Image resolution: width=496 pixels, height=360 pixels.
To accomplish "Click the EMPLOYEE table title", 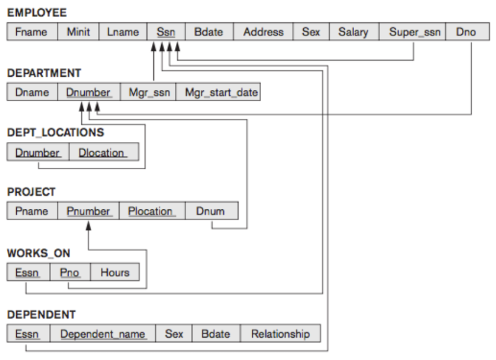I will tap(37, 12).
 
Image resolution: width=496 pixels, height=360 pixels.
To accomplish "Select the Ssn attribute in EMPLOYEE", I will tap(166, 32).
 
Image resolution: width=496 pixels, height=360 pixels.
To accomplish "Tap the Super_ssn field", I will tap(414, 32).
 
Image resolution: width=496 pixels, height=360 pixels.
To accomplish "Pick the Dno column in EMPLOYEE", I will tap(465, 32).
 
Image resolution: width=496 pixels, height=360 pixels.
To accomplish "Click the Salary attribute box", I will tap(353, 32).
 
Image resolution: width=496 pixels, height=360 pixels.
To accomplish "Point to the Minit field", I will tap(78, 32).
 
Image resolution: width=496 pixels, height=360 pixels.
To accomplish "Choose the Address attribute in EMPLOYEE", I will tap(263, 32).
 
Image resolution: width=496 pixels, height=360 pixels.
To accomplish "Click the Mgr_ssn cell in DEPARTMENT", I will tap(149, 93).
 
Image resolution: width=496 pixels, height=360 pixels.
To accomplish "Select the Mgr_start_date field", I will tap(218, 93).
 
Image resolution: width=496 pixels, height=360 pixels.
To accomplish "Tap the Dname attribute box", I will tap(32, 93).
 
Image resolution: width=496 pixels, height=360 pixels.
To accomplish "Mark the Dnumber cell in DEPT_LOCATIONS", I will tap(38, 152).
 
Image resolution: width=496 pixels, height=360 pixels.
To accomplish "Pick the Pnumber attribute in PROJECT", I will tap(88, 211).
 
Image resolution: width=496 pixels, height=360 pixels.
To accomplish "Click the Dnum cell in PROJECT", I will tap(211, 211).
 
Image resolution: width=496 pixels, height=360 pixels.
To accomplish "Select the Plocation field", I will tap(150, 211).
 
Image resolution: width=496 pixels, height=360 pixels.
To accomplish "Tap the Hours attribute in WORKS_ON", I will tap(115, 272).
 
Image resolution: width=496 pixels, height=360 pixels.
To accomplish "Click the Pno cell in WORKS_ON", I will tap(71, 272).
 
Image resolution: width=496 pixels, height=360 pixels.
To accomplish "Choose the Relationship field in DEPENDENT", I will tap(280, 334).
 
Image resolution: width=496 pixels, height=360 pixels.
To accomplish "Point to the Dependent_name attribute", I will tap(102, 334).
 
